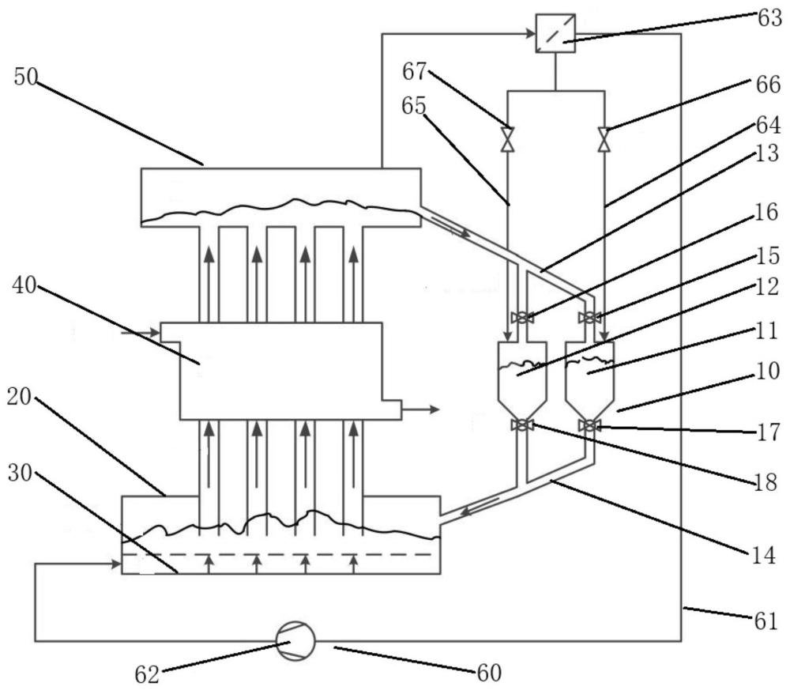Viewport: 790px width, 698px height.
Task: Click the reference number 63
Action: [769, 19]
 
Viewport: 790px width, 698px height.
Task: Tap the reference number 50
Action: [26, 77]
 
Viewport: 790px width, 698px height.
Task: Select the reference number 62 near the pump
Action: [147, 674]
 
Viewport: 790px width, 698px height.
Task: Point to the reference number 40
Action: [24, 285]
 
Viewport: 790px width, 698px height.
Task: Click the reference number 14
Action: [763, 556]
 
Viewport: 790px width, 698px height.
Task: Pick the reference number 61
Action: [766, 621]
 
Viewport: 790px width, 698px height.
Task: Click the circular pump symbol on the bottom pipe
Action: [295, 640]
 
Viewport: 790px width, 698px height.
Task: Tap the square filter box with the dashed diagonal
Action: [555, 33]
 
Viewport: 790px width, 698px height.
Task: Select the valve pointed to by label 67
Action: [507, 139]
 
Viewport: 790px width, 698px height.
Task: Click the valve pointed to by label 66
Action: [604, 139]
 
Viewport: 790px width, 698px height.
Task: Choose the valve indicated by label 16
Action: [522, 318]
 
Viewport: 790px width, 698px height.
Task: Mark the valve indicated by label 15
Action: [589, 318]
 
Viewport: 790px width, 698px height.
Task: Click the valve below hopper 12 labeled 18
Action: [522, 425]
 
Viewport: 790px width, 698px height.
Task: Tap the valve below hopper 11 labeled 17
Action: [589, 426]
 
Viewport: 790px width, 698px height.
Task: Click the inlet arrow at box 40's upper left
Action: [140, 333]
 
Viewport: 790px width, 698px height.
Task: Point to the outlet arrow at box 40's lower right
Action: [420, 409]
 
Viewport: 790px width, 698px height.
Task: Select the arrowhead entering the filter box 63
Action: [530, 34]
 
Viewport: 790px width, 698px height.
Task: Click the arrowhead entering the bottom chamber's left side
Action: [117, 564]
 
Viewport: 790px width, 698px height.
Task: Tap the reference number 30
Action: [21, 474]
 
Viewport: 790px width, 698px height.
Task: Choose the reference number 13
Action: [767, 153]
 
